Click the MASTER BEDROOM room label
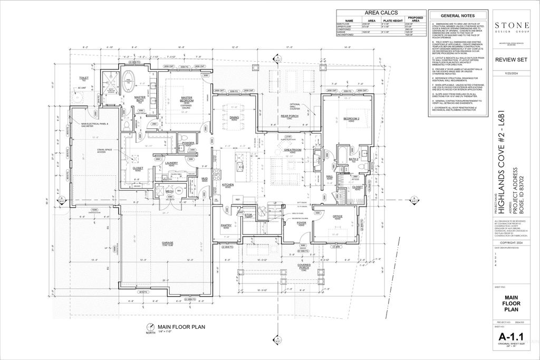pos(186,98)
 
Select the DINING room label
pos(234,118)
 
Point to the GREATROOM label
pos(292,150)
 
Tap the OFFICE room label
pos(337,217)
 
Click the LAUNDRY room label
pos(171,163)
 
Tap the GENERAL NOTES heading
pos(457,16)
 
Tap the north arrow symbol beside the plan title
pos(150,327)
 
